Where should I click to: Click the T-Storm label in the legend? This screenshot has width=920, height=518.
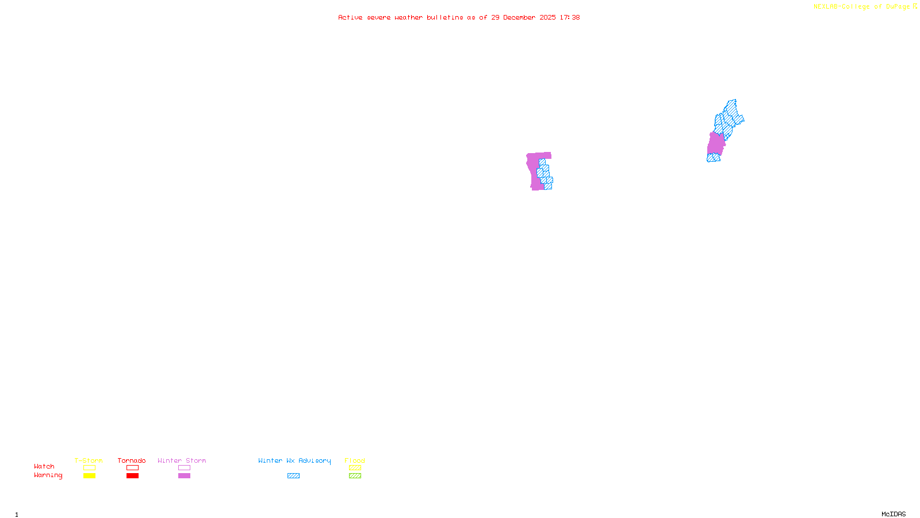[89, 460]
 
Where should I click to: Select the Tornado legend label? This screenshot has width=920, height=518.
[132, 460]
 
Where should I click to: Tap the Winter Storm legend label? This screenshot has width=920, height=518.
[182, 460]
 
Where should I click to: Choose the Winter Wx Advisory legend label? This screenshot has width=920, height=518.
[294, 460]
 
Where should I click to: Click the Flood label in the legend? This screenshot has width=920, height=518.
[355, 460]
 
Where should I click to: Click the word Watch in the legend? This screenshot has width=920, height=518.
[44, 466]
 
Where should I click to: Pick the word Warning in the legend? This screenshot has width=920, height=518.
[48, 475]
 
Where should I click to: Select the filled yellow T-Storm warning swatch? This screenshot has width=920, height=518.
[89, 476]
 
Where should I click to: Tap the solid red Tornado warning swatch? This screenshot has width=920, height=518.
[132, 476]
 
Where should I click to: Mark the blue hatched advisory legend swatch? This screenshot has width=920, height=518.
[293, 476]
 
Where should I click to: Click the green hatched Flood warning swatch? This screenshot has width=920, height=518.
[355, 476]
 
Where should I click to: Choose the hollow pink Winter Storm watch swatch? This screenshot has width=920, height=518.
[184, 468]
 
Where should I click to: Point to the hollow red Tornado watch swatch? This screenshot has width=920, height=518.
[132, 468]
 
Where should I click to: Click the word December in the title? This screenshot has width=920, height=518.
[519, 17]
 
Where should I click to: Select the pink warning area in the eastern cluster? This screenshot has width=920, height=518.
[715, 144]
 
